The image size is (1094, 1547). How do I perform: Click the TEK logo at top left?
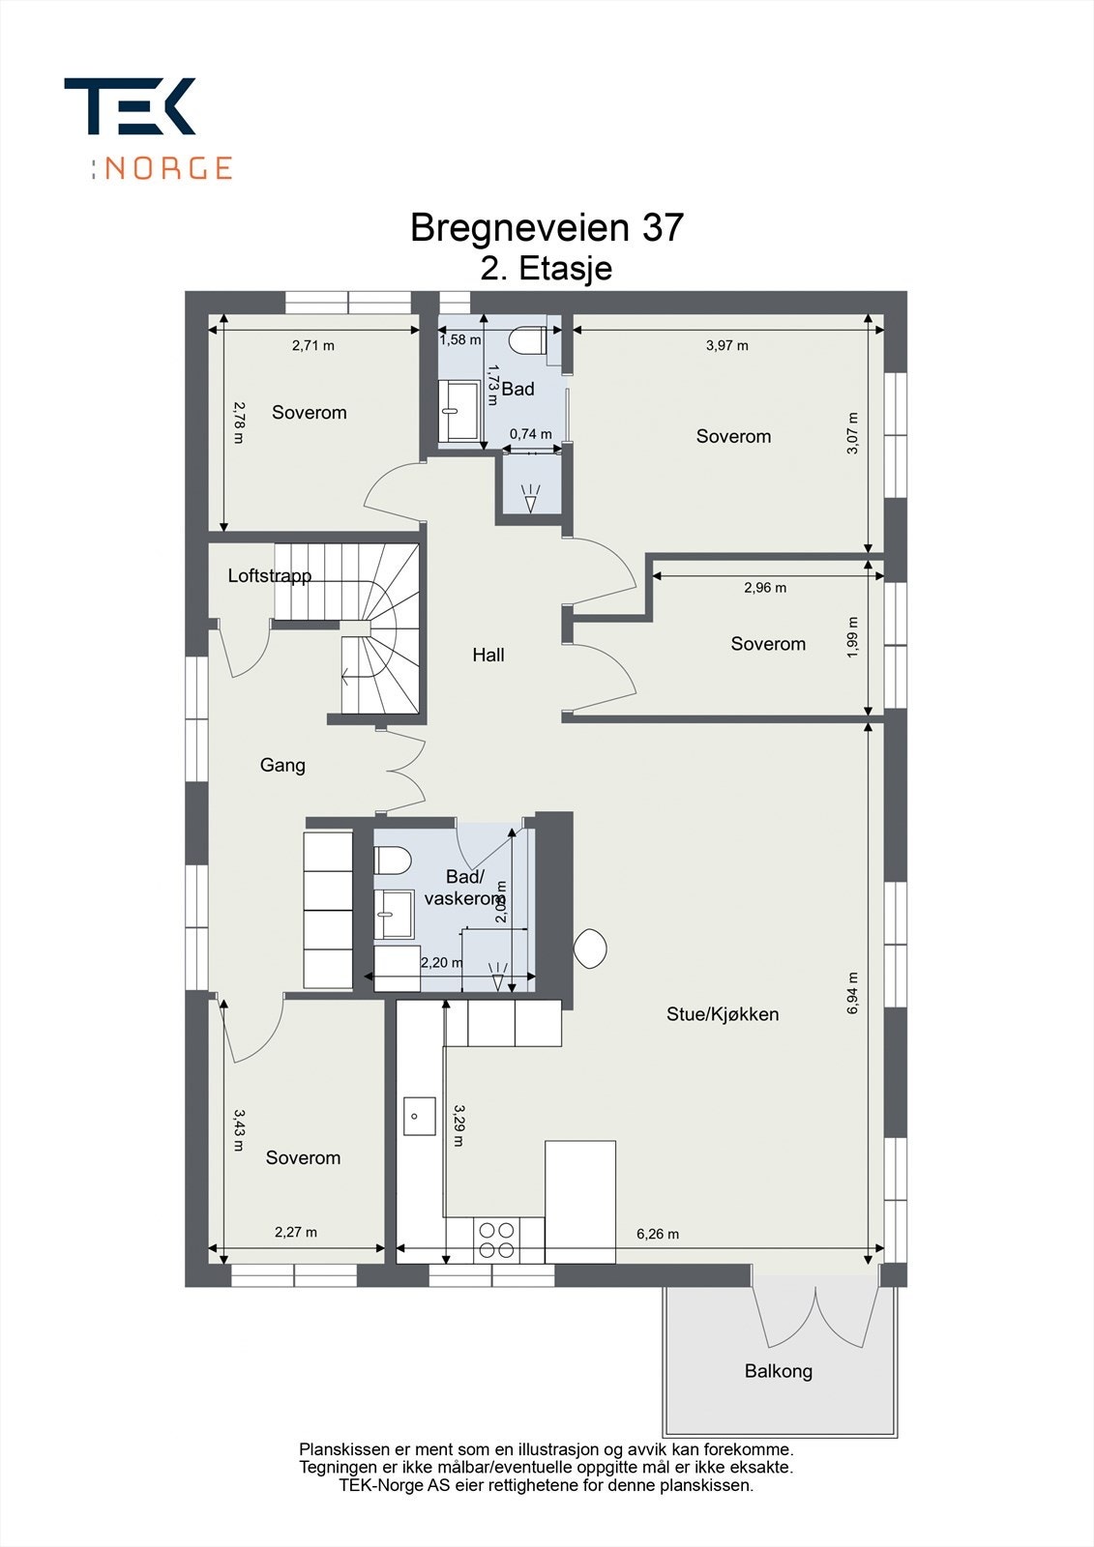[130, 105]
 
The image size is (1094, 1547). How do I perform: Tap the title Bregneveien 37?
[547, 227]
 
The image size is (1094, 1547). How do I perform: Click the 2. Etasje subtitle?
[547, 268]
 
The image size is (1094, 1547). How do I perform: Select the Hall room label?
[488, 655]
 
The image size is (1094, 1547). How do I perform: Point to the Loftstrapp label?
[269, 576]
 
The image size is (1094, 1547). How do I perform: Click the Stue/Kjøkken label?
[723, 1014]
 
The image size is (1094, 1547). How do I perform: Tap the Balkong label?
[778, 1371]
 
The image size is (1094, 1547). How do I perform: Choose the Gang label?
[282, 765]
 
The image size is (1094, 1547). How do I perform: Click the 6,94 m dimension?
[852, 993]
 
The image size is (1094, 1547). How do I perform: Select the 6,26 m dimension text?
[658, 1234]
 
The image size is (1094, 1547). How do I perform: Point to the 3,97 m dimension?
[727, 345]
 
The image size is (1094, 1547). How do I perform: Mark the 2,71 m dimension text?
[313, 345]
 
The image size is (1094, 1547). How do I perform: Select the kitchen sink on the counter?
[416, 1116]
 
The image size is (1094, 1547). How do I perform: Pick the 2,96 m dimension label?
[765, 587]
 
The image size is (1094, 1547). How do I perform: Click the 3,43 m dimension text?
[239, 1130]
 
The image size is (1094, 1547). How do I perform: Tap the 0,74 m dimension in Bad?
[531, 434]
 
